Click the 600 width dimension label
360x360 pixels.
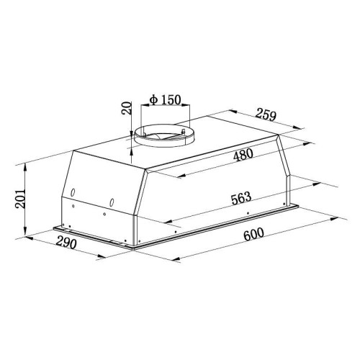tap(253, 234)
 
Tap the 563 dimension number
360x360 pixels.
tap(241, 198)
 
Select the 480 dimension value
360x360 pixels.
tap(243, 155)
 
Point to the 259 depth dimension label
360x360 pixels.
tap(266, 114)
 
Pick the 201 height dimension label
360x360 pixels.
tap(20, 199)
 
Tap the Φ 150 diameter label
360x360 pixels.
tap(165, 100)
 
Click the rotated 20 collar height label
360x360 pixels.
tap(127, 108)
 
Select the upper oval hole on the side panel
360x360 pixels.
tap(73, 192)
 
